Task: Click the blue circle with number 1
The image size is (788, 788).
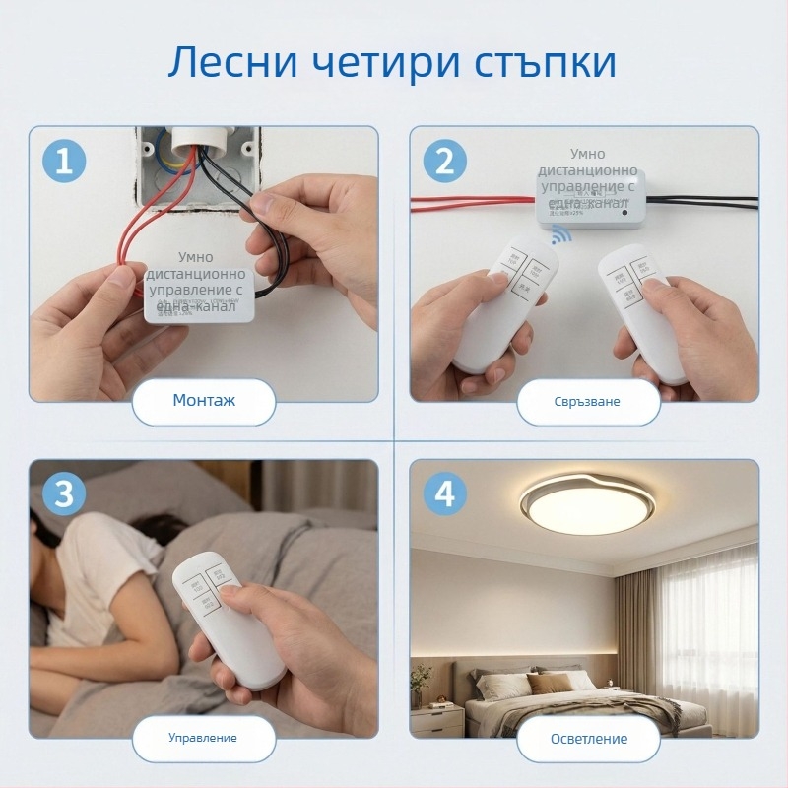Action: pyautogui.click(x=64, y=161)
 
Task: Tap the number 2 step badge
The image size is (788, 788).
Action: pyautogui.click(x=444, y=161)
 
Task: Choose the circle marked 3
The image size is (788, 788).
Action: pyautogui.click(x=64, y=494)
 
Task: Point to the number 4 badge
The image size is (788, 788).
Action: pyautogui.click(x=444, y=494)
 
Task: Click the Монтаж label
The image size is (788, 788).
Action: pyautogui.click(x=204, y=401)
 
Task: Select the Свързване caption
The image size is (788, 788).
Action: pyautogui.click(x=587, y=402)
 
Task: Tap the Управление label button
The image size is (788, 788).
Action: pyautogui.click(x=203, y=737)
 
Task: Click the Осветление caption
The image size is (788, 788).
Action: pyautogui.click(x=587, y=738)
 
